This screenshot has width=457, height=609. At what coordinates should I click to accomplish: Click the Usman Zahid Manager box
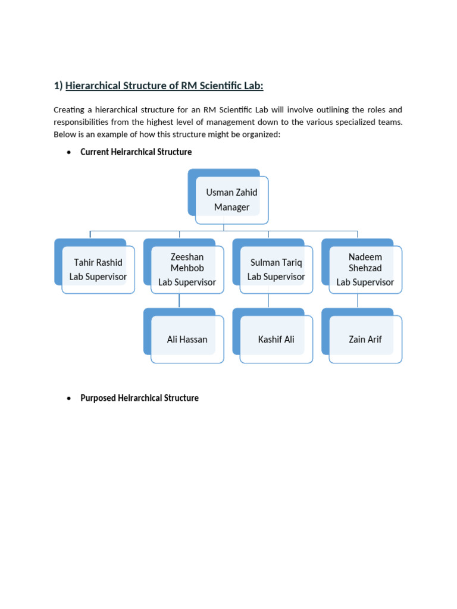231,200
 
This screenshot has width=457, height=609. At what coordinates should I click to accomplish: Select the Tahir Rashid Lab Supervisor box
98,269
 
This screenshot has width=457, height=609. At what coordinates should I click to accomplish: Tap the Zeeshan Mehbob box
187,269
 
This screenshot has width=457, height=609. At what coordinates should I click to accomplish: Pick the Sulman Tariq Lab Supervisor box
276,269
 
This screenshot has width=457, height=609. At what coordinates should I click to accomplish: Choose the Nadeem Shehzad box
365,269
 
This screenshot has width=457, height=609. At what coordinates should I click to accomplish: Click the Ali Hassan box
187,339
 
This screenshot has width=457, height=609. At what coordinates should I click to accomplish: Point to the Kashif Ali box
276,339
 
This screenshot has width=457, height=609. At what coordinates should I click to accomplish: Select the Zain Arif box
365,339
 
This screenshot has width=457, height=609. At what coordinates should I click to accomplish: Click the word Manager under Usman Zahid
231,208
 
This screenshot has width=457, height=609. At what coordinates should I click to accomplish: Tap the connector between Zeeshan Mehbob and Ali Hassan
180,301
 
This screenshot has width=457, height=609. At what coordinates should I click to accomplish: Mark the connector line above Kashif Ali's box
268,301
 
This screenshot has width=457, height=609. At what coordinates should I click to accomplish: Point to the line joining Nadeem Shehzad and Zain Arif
358,301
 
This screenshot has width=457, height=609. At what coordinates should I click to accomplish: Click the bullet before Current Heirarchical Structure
69,152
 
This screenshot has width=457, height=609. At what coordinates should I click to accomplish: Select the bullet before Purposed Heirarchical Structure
69,398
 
